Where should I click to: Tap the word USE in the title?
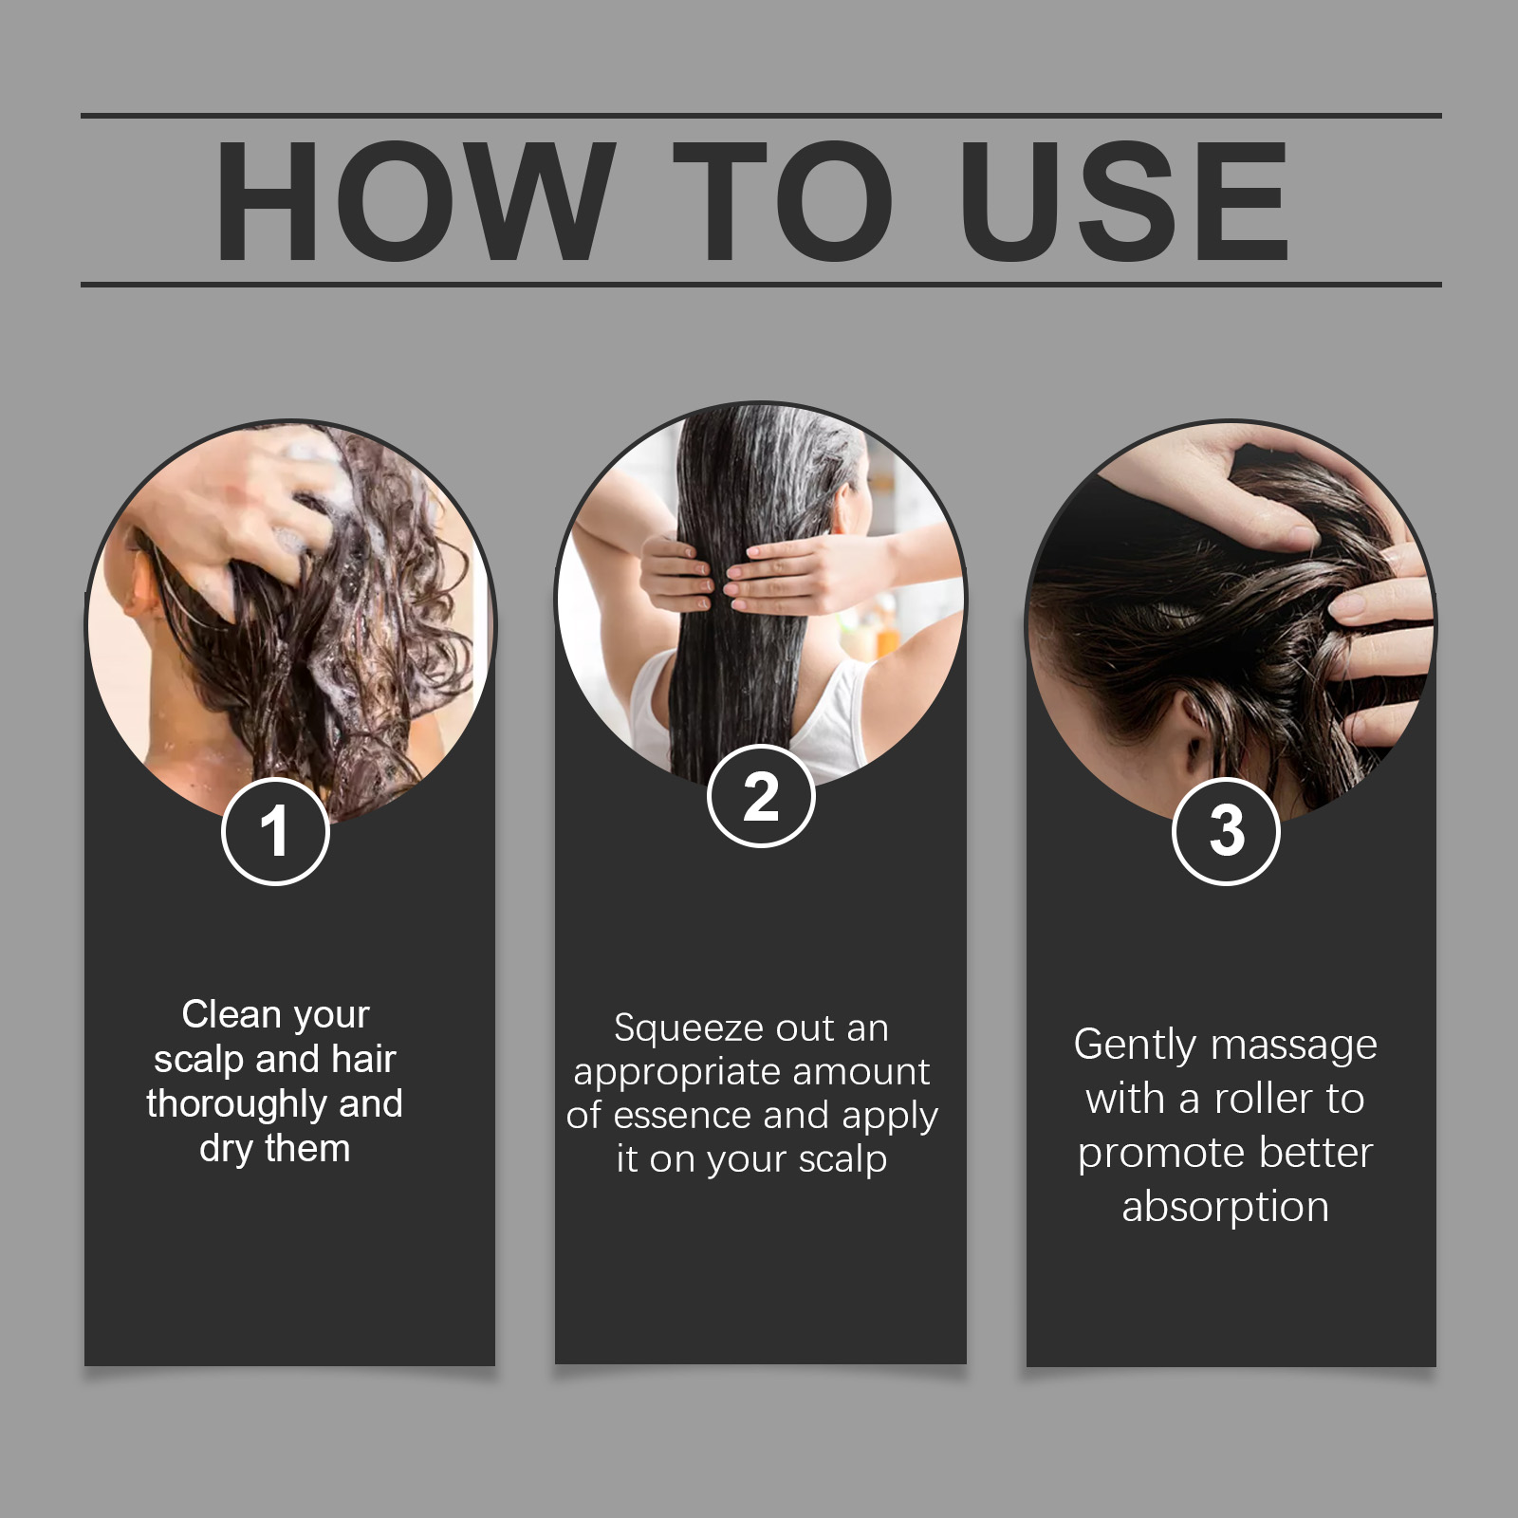(1124, 201)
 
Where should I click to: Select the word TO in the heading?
(785, 201)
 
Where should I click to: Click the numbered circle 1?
(275, 831)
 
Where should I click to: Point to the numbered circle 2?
(761, 796)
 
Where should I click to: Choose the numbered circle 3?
(1226, 831)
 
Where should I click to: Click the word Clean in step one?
(231, 1014)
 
